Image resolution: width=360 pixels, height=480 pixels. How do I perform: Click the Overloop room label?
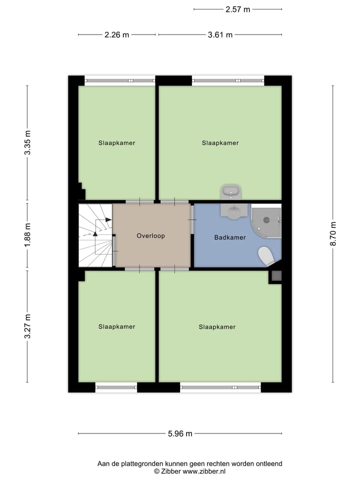[150, 236]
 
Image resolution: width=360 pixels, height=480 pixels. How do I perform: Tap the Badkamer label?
[230, 237]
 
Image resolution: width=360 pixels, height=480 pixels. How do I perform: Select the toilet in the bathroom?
[266, 256]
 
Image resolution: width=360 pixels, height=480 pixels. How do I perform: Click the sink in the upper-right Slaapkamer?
[231, 191]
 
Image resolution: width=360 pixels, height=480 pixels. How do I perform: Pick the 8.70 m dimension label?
[333, 234]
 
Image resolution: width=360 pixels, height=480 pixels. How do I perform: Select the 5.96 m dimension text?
[180, 434]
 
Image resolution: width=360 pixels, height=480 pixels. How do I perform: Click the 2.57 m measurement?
[237, 9]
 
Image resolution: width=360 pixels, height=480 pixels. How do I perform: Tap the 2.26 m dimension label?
[116, 35]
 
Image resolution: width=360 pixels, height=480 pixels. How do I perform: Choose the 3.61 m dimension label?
[220, 35]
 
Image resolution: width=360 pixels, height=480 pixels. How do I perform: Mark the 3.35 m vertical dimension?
[28, 142]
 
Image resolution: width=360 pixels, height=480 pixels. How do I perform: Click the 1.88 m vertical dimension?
[28, 233]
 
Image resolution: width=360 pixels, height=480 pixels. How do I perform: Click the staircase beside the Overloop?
[95, 235]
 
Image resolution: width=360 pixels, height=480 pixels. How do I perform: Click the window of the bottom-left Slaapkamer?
[116, 386]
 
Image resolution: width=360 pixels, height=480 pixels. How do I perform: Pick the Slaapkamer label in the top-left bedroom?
[116, 143]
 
